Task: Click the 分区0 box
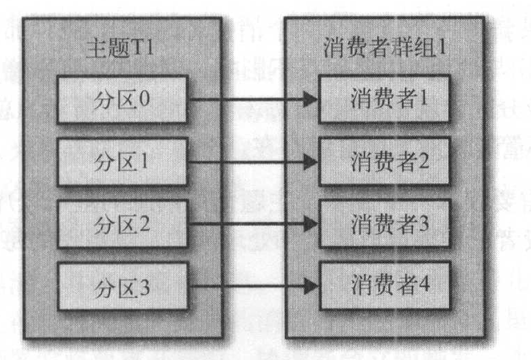(x=123, y=99)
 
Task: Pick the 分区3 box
(x=123, y=287)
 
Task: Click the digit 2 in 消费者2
(x=424, y=160)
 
